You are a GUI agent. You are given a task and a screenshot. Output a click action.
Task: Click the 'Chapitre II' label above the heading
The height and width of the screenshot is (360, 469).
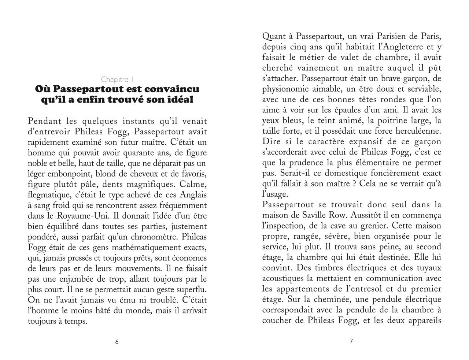(x=117, y=79)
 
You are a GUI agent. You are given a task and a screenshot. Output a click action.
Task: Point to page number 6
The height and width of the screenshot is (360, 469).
(x=117, y=342)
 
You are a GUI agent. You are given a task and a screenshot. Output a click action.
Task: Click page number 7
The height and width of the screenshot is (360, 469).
(x=351, y=341)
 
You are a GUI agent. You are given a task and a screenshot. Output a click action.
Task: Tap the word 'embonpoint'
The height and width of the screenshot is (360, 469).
(x=66, y=173)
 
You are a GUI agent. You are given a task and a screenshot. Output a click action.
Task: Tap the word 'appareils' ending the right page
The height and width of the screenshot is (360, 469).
(x=424, y=321)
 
